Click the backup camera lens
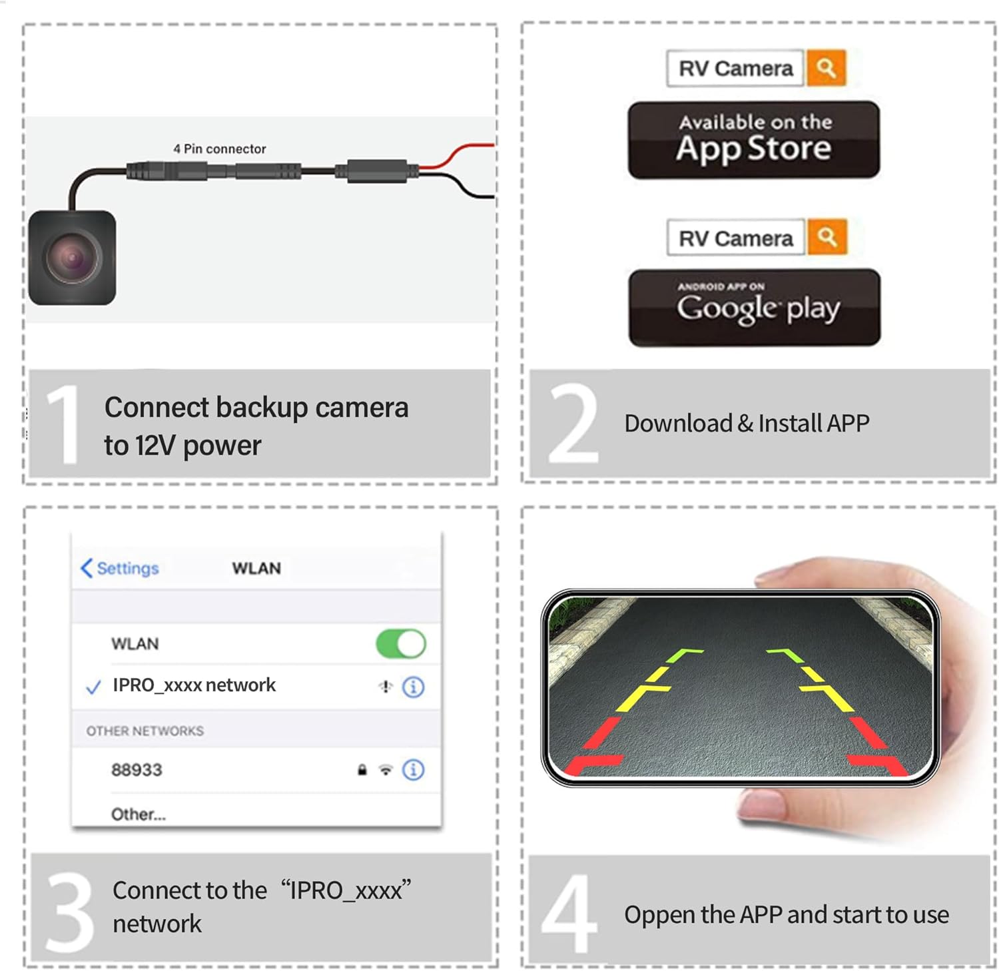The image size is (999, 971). [72, 257]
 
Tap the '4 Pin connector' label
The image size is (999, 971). [220, 149]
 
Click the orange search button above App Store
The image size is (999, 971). [826, 68]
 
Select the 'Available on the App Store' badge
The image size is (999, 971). [754, 140]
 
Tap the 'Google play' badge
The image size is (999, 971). [755, 308]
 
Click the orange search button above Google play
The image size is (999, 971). [827, 237]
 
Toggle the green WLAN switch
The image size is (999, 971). [401, 644]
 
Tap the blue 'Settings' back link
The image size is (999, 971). [120, 568]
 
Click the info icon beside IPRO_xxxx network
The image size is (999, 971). [414, 687]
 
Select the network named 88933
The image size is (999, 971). [137, 770]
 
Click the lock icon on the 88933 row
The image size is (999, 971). [362, 770]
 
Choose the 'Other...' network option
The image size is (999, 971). [139, 814]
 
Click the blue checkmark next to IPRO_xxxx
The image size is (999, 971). [94, 687]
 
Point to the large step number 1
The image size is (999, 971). [63, 424]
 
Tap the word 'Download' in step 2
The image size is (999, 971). [678, 423]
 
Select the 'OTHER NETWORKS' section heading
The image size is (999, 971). [145, 731]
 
